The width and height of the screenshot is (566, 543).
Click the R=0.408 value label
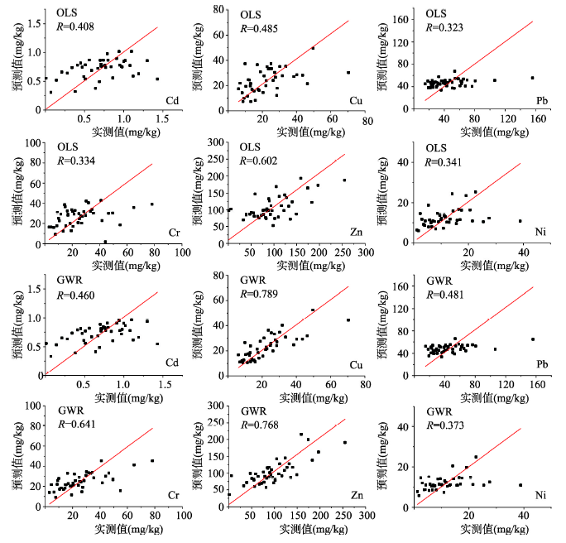(x=75, y=26)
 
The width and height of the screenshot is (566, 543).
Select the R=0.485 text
(x=259, y=28)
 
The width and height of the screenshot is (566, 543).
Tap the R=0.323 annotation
(x=444, y=27)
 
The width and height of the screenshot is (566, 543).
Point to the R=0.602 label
(x=258, y=161)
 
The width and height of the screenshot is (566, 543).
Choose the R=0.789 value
(x=259, y=294)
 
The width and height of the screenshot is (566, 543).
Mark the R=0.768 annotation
(x=260, y=425)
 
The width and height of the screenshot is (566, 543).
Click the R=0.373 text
(x=445, y=425)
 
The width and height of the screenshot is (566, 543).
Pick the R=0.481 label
(x=444, y=295)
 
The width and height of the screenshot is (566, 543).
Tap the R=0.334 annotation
(x=76, y=161)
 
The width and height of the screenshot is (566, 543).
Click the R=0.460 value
(x=75, y=296)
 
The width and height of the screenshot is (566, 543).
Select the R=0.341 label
(x=443, y=162)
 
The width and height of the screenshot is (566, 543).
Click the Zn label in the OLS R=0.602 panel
(x=357, y=232)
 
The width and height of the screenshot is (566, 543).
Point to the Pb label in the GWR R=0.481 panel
(x=542, y=364)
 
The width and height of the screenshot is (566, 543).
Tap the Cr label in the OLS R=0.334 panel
(x=174, y=233)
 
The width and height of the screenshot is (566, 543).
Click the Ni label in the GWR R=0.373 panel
(x=540, y=495)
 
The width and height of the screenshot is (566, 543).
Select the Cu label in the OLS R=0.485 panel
(x=356, y=101)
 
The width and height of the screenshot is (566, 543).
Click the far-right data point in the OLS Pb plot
(x=532, y=78)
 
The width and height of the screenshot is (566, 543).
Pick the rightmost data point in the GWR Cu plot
(x=348, y=320)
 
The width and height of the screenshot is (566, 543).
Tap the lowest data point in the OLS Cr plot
(x=105, y=242)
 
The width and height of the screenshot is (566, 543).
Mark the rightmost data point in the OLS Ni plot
(x=520, y=221)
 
